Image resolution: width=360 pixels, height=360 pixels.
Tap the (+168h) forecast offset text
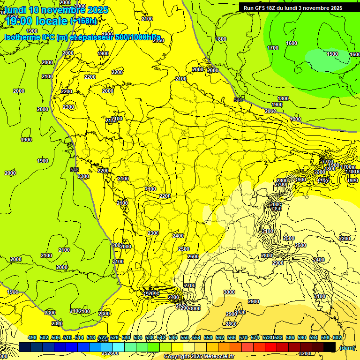pos(84,21)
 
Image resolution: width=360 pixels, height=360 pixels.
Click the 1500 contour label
pos(332,54)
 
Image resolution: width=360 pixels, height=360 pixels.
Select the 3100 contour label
pos(320,296)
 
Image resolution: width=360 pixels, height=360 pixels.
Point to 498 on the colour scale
pos(32,337)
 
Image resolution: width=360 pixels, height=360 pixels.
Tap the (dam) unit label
pos(347,347)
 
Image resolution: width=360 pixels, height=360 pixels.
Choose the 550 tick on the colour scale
pos(185,337)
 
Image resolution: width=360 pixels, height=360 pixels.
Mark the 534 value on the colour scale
pos(138,337)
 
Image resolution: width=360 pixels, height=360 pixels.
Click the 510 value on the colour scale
pos(67,337)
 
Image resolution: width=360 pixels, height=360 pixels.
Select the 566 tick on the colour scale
pos(232,337)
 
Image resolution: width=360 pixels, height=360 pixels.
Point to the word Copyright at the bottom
pos(176,357)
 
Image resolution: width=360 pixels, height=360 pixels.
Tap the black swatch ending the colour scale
pos(330,347)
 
